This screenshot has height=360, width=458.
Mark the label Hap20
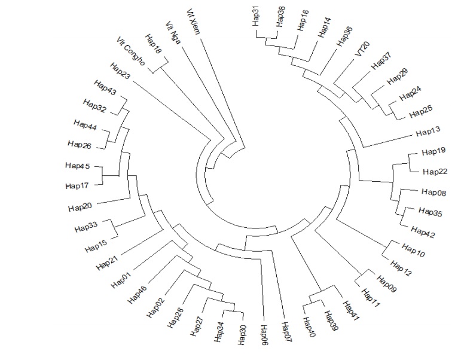(x=80, y=207)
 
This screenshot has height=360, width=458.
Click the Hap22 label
(x=435, y=172)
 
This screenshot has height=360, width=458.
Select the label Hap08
(x=433, y=192)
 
